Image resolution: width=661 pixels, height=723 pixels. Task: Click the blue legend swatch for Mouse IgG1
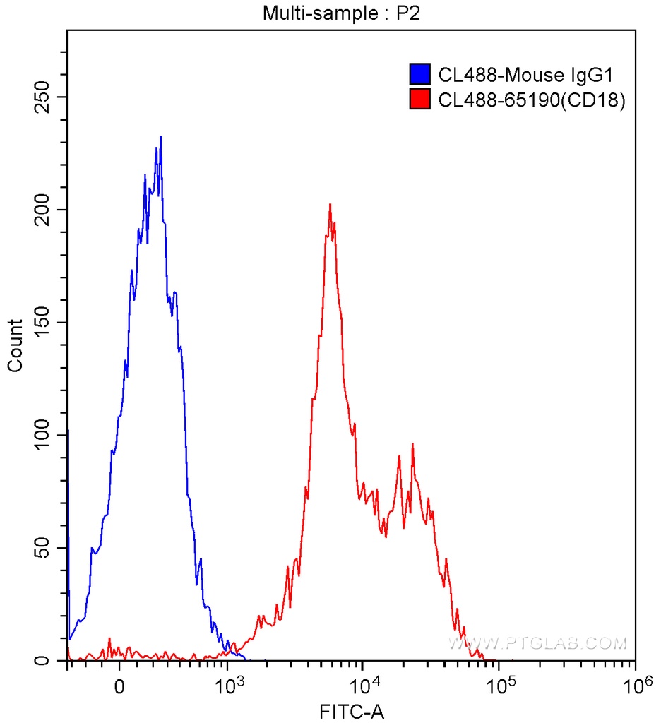pos(420,74)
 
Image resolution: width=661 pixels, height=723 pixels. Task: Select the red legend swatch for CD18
pos(420,100)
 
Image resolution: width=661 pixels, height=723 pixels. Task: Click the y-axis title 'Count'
pos(15,345)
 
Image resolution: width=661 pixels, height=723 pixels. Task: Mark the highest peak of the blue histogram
pos(161,137)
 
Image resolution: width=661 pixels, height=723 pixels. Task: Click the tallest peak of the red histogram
pos(330,205)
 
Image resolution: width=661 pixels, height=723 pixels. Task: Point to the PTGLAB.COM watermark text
pos(537,643)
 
